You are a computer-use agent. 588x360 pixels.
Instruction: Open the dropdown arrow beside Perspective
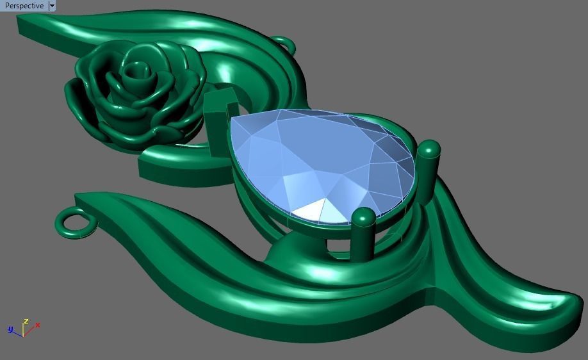click(52, 6)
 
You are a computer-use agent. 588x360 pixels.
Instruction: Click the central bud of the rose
click(135, 72)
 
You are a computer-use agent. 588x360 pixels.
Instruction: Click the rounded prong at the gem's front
click(364, 234)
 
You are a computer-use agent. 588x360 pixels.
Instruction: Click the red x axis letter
click(38, 325)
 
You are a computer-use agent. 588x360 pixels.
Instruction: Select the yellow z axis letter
click(26, 320)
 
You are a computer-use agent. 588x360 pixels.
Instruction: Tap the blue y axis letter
click(10, 329)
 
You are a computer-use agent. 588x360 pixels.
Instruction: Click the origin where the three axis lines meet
click(23, 335)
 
